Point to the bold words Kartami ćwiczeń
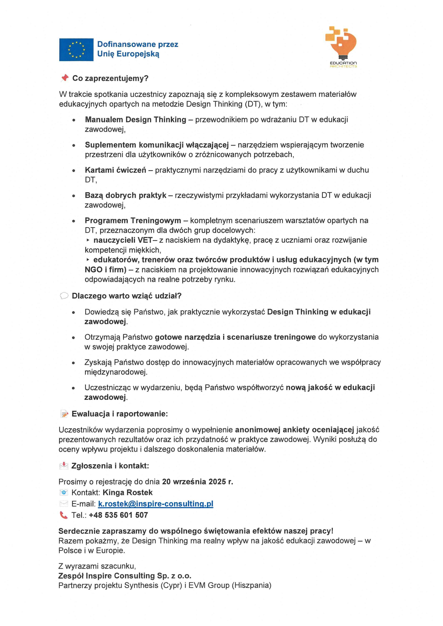(115, 170)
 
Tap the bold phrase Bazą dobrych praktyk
(125, 195)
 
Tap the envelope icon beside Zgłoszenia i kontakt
(64, 466)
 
